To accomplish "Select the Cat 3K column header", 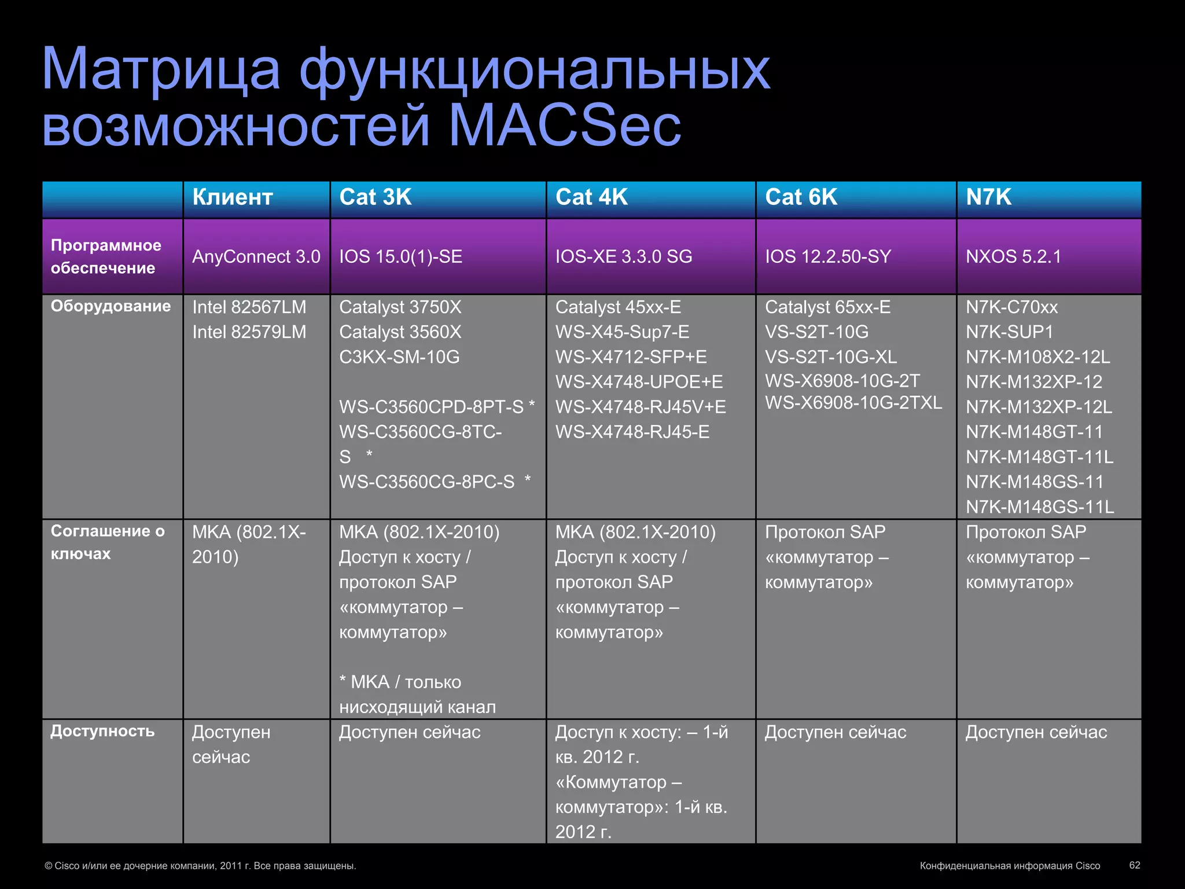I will click(375, 197).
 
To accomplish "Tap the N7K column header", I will click(988, 197).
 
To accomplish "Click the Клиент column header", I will click(232, 197).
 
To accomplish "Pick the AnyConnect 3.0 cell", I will click(256, 256).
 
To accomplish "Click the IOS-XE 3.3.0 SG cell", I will click(623, 256).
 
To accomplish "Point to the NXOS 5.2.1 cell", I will click(1013, 256).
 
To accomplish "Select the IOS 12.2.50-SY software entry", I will click(827, 256).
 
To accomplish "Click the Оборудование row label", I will click(111, 306).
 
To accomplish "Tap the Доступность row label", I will click(102, 731).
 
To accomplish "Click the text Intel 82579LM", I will click(249, 332).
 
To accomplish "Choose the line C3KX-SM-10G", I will click(399, 357).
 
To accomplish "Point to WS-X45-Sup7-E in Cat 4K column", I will click(622, 332).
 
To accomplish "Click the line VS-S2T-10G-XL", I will click(830, 357).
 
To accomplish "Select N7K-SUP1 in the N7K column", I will click(1009, 332).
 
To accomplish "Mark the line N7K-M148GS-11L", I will click(1039, 507).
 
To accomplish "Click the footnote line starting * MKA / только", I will click(400, 682).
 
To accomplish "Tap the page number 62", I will click(1134, 865).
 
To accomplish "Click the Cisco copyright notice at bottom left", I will click(200, 866).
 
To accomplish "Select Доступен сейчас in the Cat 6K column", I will click(835, 733).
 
